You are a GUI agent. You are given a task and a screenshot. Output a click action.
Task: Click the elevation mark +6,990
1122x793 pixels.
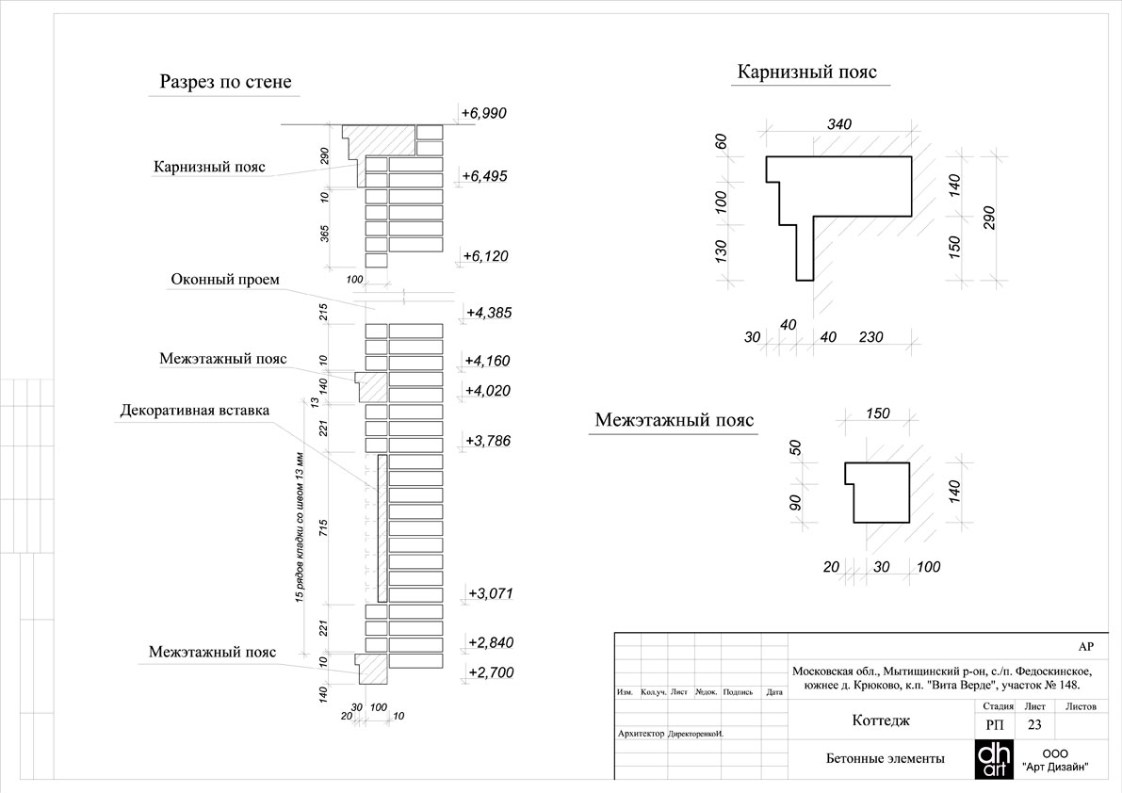(x=483, y=113)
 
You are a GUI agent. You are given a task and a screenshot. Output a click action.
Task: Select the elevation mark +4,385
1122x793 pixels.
(x=489, y=313)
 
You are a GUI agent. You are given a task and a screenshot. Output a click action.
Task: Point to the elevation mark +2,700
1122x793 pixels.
(x=491, y=672)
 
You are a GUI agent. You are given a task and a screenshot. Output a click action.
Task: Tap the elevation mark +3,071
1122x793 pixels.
(x=490, y=593)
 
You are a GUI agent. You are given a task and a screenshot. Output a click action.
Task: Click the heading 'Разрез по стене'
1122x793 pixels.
(x=225, y=82)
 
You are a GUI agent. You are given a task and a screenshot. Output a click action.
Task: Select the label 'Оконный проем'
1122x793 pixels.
(x=225, y=279)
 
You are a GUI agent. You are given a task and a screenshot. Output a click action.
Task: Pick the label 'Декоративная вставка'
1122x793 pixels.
(x=195, y=411)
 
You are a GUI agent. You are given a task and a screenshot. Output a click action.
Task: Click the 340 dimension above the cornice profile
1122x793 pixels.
(x=839, y=124)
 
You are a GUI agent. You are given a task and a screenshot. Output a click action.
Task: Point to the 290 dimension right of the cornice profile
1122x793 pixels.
(x=989, y=218)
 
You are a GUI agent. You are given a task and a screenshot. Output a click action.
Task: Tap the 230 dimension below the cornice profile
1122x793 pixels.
(x=870, y=337)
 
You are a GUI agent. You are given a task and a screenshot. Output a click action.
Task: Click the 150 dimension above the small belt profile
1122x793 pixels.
(x=877, y=413)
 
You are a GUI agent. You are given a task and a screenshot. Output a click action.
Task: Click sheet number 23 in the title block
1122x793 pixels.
(x=1034, y=724)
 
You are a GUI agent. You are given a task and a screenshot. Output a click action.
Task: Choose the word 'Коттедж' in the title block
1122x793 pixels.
(x=881, y=720)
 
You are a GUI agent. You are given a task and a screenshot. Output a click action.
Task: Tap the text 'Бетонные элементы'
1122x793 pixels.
(x=886, y=759)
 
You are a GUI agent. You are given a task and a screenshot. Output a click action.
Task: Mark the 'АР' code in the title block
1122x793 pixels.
(x=1085, y=646)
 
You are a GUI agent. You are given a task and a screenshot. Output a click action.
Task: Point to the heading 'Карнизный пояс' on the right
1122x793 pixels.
(x=807, y=73)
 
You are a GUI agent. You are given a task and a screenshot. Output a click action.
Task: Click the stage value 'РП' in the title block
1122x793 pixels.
(x=995, y=724)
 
